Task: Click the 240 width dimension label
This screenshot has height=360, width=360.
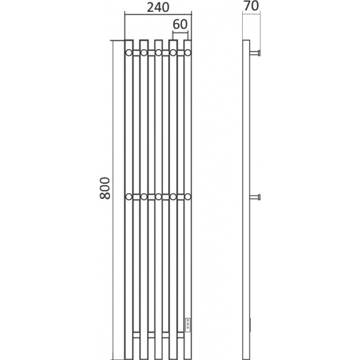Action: [158, 7]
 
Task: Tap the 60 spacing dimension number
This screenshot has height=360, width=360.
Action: [180, 24]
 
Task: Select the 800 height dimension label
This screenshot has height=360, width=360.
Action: [105, 188]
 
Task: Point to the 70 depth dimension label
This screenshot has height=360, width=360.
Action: [251, 6]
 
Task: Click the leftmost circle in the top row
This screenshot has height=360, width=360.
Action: [129, 53]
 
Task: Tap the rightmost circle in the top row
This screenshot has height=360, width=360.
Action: [188, 53]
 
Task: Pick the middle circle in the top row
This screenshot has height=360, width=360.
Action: [158, 53]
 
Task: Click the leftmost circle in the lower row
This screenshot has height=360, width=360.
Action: [129, 197]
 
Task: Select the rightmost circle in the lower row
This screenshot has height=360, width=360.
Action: [188, 197]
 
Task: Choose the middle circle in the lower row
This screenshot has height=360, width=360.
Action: [158, 197]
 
